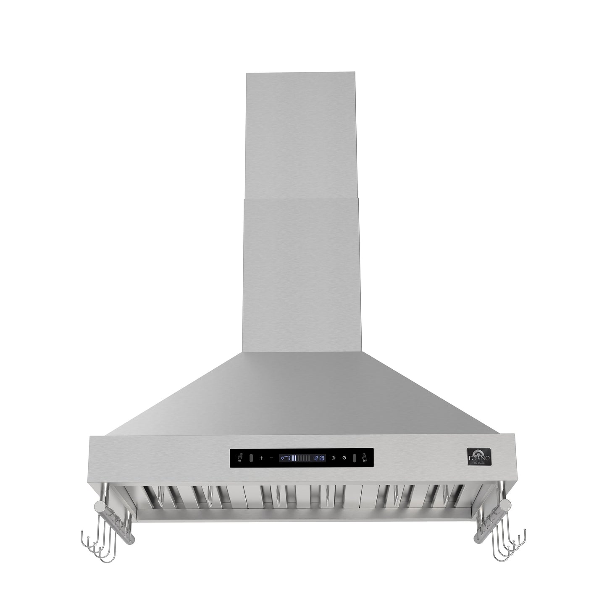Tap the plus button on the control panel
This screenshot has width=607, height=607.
(261, 458)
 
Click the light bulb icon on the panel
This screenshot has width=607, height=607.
(334, 458)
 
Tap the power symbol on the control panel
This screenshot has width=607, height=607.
(344, 458)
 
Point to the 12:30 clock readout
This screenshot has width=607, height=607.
(319, 458)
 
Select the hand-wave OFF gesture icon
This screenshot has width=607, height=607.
(364, 457)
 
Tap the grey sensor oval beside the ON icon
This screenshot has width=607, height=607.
(250, 458)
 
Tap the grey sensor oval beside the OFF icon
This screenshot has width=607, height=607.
(354, 458)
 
